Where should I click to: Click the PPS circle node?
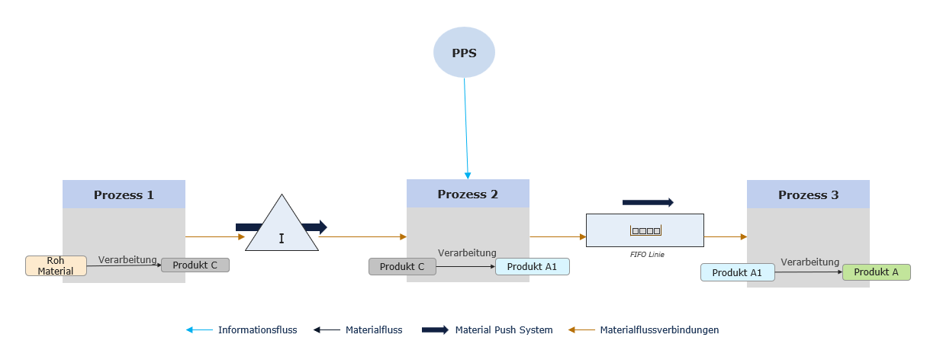point(464,53)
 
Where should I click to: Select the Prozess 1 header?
point(124,194)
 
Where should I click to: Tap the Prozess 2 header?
point(468,194)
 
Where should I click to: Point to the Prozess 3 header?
point(808,194)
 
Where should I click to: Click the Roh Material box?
point(56,265)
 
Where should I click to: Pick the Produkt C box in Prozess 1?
point(195,265)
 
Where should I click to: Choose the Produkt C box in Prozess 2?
point(402,266)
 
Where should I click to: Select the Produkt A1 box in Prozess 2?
point(532,266)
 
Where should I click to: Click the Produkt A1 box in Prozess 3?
point(737,272)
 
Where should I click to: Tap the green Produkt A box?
point(876,272)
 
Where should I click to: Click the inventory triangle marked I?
point(282,229)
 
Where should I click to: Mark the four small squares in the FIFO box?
point(645,230)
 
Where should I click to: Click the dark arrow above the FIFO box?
point(648,202)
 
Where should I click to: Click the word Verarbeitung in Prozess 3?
point(810,262)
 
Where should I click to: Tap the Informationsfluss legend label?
point(257,330)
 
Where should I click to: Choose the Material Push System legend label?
point(504,330)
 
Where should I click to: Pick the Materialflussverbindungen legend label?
point(659,330)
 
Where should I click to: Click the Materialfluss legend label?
point(374,330)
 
